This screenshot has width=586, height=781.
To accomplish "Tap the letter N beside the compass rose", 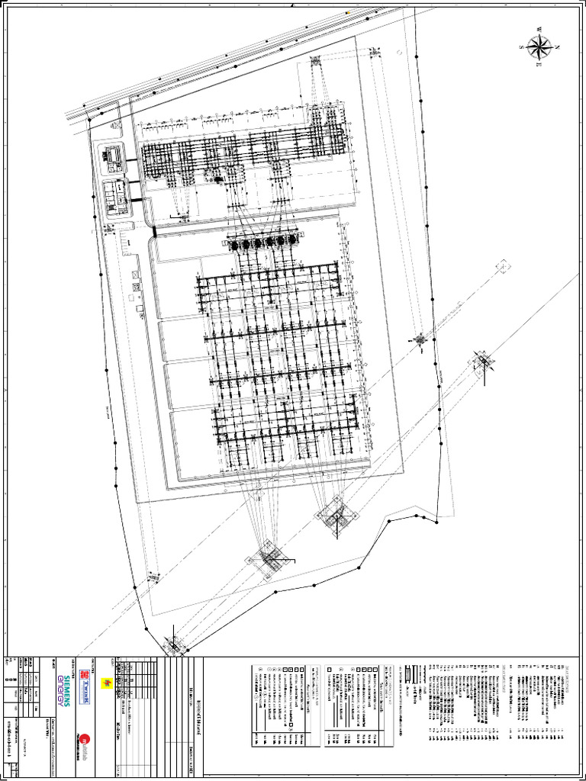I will pos(558,47).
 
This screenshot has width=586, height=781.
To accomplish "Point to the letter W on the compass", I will pos(539,31).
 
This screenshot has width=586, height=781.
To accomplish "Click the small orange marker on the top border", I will pos(348,12).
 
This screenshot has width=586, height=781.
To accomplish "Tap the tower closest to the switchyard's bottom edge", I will pos(336,516).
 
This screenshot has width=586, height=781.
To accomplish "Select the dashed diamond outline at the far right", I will pos(503,266).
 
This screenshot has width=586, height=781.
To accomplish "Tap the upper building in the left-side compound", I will pos(113,156).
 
